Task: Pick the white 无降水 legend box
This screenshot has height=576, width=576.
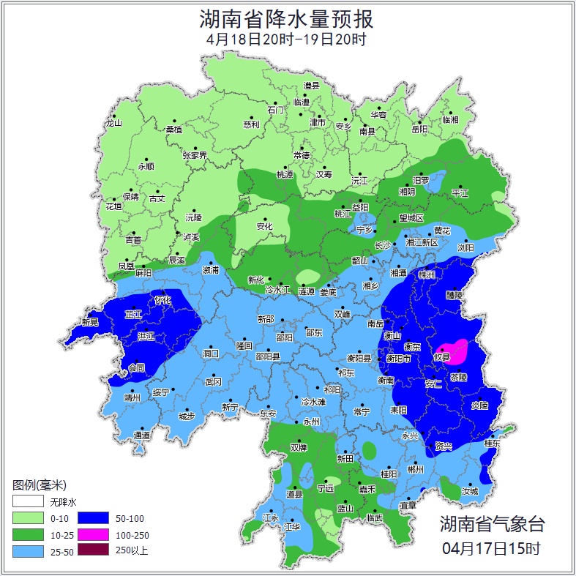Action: [x=27, y=502]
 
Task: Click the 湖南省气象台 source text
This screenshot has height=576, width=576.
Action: [x=492, y=524]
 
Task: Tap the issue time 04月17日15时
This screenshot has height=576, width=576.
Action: [x=492, y=547]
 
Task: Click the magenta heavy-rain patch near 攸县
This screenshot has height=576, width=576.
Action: [x=452, y=351]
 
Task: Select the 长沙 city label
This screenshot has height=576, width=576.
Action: [x=384, y=246]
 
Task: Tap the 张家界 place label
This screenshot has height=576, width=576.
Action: [x=195, y=155]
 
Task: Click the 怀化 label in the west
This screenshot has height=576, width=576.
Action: [x=162, y=300]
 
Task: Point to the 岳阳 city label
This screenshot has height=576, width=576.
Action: [x=419, y=130]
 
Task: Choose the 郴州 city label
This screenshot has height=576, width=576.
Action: [x=415, y=469]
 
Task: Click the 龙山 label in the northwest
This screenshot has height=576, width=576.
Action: [x=113, y=123]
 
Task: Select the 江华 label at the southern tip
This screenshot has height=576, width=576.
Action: [x=292, y=527]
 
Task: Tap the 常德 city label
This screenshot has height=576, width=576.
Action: [x=301, y=155]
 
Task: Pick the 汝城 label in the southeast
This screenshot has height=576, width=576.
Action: [x=469, y=491]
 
